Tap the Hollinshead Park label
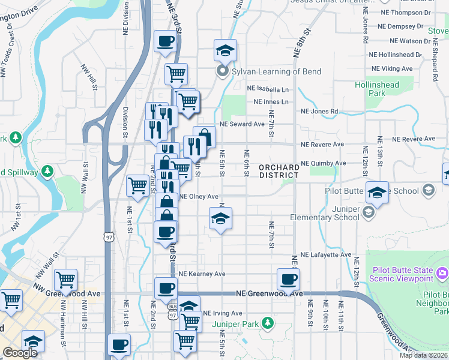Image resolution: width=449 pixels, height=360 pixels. coord(376,89)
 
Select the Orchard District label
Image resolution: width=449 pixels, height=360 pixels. coord(279,171)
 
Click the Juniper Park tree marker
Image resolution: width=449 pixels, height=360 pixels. coord(271,325)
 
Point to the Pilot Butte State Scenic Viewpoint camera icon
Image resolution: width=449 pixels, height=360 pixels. coord(442,274)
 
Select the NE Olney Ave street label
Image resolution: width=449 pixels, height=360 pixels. coord(199,196)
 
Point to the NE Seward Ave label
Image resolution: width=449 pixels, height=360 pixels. coord(242,124)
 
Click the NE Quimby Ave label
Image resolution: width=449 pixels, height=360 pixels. coord(323,163)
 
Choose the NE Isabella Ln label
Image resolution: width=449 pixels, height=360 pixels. coord(268,89)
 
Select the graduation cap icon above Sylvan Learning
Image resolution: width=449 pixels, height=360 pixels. coord(225,50)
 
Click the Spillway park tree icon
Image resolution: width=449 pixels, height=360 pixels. coord(47,172)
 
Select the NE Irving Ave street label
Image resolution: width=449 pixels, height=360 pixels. coord(222,313)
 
